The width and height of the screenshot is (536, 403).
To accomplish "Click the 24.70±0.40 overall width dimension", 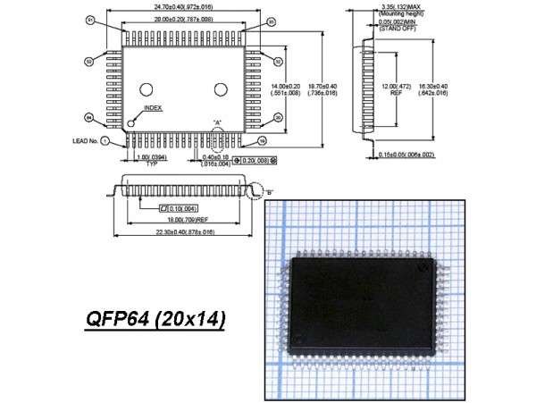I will tap(183, 7).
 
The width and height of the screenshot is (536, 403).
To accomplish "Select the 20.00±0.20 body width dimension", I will tap(183, 18).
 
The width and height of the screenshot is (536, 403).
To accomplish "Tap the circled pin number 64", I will tap(88, 117).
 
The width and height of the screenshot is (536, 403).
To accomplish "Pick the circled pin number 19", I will tap(262, 141).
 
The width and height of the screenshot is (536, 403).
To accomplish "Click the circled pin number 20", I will tap(278, 117).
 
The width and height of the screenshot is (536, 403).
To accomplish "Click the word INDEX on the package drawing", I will tap(152, 107).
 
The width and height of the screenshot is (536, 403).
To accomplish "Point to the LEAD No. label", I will tap(86, 141).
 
